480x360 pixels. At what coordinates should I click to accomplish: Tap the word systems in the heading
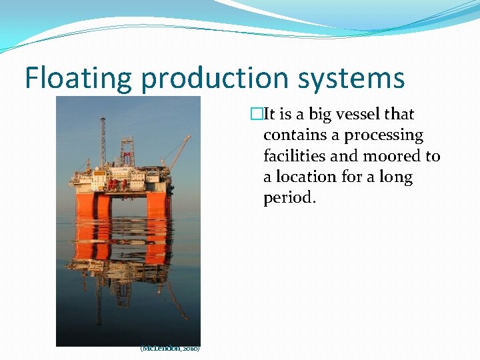(x=352, y=78)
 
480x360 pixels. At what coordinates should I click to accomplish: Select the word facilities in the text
(x=294, y=156)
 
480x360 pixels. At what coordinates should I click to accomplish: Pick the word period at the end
(x=286, y=198)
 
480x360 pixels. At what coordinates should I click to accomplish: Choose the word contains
(x=294, y=135)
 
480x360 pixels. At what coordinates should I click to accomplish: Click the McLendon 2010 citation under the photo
(x=170, y=348)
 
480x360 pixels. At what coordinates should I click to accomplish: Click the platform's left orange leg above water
(x=85, y=204)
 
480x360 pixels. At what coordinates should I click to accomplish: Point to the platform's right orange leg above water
(x=159, y=203)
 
